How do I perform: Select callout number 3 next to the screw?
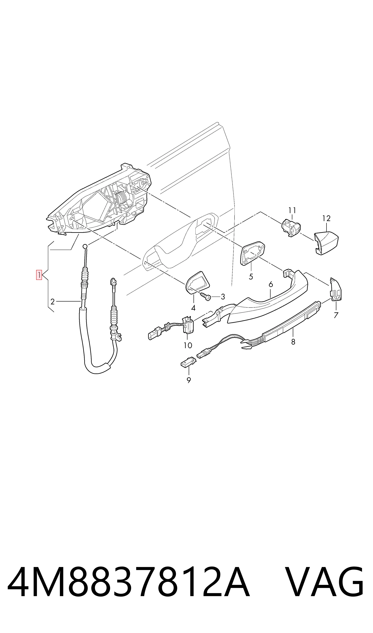click(223, 297)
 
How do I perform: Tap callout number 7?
click(336, 315)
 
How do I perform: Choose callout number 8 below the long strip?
click(293, 342)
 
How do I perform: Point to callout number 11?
click(292, 210)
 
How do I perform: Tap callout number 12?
click(326, 218)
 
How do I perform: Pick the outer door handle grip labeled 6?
click(268, 297)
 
